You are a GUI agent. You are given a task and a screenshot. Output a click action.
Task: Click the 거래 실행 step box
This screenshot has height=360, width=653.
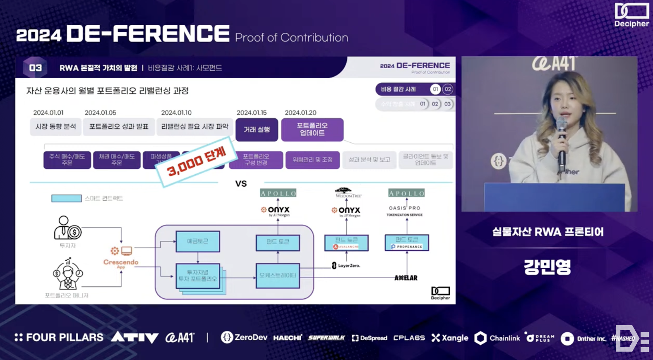(x=257, y=130)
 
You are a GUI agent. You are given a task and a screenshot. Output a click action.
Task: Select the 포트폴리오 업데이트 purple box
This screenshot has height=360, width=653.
(x=312, y=130)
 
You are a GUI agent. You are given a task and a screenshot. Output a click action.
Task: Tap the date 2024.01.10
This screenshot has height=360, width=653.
(x=176, y=113)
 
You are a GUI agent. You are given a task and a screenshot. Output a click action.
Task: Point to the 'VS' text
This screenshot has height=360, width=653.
(x=241, y=183)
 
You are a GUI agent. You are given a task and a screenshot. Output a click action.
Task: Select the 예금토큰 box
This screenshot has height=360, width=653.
(x=197, y=241)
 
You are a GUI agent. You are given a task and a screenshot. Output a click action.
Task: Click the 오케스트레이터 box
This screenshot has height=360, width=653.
(x=278, y=276)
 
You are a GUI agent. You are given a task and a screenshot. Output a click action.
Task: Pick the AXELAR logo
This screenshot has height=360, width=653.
(x=406, y=278)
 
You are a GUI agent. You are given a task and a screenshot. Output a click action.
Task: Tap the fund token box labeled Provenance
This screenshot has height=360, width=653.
(x=406, y=242)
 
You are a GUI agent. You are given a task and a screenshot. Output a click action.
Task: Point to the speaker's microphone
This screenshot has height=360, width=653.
(x=562, y=141)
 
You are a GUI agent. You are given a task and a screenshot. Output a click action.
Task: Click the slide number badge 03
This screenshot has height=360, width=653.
(x=35, y=67)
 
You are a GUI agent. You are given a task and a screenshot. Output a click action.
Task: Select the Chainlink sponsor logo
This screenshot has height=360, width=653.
(x=497, y=338)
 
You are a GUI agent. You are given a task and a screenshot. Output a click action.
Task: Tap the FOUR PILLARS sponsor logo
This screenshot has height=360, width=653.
(x=59, y=338)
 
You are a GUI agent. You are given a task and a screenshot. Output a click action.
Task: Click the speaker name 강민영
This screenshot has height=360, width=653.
(x=547, y=267)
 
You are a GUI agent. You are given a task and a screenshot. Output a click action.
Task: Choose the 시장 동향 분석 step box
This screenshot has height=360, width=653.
(x=56, y=127)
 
